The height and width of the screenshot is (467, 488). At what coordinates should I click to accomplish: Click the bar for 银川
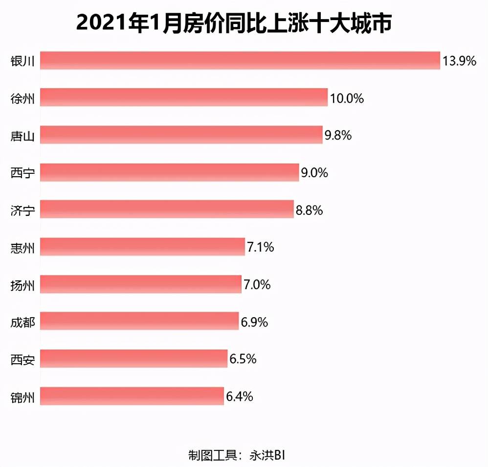[240, 60]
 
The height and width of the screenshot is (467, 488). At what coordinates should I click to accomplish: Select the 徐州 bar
[184, 97]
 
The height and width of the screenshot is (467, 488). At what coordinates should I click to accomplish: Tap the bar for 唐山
[181, 135]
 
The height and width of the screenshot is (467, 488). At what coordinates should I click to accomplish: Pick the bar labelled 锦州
[132, 396]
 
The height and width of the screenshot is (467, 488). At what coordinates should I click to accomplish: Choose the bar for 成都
[139, 321]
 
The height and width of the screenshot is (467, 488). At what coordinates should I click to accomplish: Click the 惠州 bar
[143, 246]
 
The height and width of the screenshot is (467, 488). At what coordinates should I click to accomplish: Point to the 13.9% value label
[459, 61]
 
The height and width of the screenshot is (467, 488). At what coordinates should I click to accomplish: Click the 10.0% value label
[347, 98]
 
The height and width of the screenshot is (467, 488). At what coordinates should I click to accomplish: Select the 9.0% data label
[314, 173]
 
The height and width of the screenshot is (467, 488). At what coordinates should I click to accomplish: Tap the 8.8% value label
[309, 210]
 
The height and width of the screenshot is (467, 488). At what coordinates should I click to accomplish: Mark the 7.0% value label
[257, 285]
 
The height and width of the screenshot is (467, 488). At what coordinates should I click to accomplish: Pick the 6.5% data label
[243, 359]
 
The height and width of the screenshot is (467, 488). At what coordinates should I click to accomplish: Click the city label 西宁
[22, 173]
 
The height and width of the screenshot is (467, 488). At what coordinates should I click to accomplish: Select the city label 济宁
[22, 210]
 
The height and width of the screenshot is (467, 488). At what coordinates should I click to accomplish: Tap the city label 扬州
[22, 285]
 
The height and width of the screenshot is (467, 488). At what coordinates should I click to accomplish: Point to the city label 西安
[22, 359]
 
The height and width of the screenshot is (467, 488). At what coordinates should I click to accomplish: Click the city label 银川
[22, 61]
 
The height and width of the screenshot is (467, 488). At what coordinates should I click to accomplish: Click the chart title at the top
[234, 23]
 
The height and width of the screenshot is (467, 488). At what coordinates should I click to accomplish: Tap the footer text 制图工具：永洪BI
[237, 455]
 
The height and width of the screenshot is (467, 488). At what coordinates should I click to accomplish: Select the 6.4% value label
[239, 397]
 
